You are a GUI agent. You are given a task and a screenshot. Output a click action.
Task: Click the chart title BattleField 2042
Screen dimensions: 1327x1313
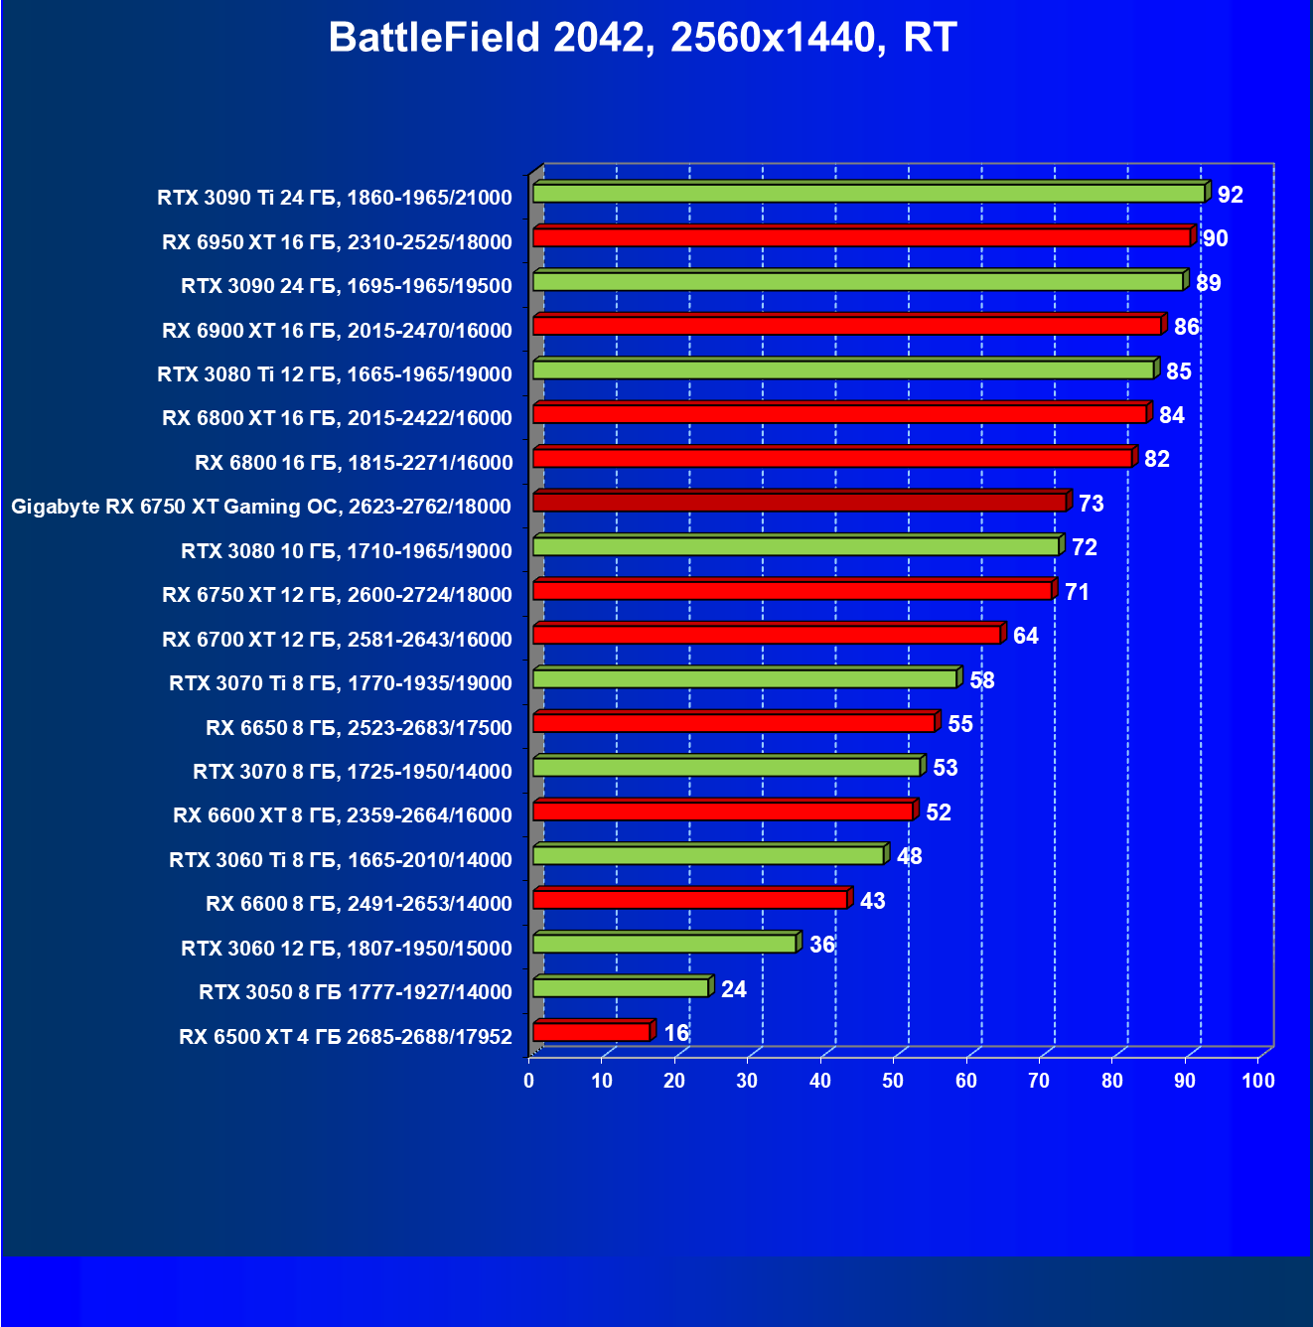point(642,38)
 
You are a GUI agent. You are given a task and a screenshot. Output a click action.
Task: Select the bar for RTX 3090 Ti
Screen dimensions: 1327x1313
point(869,193)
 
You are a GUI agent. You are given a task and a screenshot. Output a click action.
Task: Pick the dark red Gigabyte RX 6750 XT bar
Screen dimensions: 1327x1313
point(800,502)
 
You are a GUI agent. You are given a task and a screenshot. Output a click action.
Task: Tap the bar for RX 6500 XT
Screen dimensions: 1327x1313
point(592,1032)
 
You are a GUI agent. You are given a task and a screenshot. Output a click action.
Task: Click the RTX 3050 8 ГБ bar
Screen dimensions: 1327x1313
point(621,987)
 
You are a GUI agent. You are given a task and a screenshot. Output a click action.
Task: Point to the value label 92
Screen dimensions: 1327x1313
point(1230,195)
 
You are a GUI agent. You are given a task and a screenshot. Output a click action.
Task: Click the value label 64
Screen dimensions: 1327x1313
point(1025,636)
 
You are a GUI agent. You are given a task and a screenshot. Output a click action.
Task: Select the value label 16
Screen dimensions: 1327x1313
point(676,1033)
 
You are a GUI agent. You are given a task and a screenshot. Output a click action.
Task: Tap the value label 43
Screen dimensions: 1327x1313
point(872,901)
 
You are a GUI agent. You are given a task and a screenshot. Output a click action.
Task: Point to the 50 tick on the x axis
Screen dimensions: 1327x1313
point(893,1081)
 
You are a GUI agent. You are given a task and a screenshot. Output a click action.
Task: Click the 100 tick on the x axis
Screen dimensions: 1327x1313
point(1258,1081)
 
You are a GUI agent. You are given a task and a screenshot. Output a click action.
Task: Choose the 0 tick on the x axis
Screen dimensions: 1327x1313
point(529,1081)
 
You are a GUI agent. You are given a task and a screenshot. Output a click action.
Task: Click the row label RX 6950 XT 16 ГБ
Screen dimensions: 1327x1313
point(337,242)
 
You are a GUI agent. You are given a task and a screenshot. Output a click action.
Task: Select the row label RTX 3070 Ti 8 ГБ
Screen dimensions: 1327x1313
point(340,683)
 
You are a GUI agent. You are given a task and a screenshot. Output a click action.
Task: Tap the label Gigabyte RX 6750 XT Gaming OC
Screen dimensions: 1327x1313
point(260,507)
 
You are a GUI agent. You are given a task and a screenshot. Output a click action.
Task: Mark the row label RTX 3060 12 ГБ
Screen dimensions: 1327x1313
point(346,949)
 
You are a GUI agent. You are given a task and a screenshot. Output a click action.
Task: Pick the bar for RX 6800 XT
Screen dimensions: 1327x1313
point(840,413)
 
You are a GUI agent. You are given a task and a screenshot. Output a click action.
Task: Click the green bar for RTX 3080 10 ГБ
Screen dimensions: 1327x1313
point(797,546)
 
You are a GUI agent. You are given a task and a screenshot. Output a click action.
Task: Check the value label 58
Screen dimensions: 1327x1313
point(981,680)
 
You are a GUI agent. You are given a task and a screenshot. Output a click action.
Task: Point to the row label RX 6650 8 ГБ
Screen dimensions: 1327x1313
point(359,728)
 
